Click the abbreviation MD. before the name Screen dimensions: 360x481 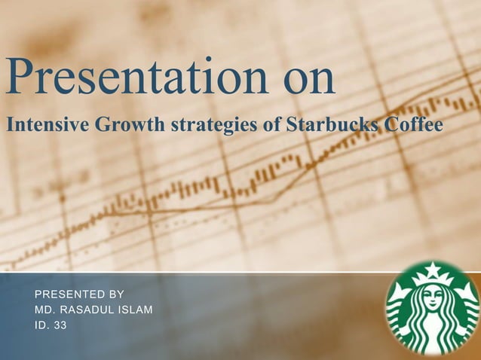[x=45, y=310]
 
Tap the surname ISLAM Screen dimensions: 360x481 [x=138, y=310]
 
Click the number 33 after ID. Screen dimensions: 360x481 [x=60, y=326]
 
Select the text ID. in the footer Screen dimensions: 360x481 [x=41, y=326]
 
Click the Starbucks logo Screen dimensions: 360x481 [x=432, y=309]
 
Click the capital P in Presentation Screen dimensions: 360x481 [x=21, y=78]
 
